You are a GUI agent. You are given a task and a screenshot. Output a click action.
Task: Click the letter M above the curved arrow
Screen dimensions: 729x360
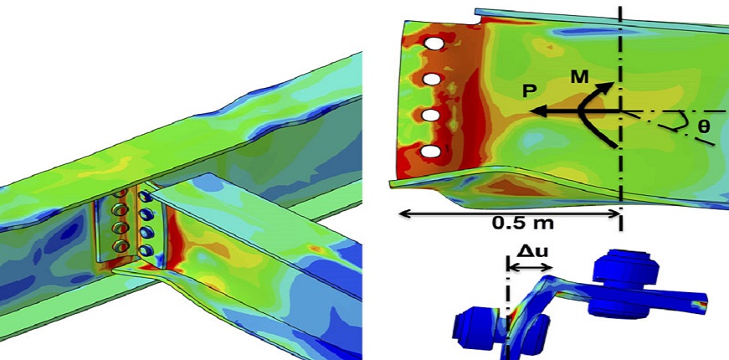(x=580, y=77)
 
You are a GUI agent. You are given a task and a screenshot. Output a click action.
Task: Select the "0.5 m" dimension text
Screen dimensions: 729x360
(x=523, y=224)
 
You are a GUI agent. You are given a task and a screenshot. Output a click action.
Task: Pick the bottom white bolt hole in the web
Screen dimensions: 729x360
(x=431, y=152)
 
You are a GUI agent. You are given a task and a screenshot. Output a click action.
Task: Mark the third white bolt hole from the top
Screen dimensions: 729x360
(x=432, y=116)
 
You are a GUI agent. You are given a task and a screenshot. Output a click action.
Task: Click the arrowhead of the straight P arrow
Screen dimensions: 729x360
(x=538, y=111)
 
